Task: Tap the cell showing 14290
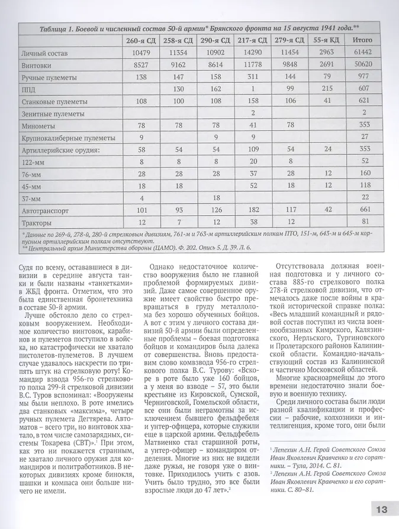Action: [x=253, y=53]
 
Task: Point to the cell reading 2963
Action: [x=325, y=53]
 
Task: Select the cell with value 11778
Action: [x=253, y=65]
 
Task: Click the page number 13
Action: [x=381, y=509]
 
